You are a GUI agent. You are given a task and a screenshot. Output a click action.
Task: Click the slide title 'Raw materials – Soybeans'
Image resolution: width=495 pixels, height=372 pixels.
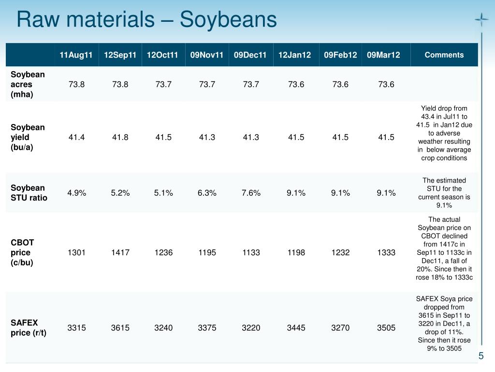coord(146,20)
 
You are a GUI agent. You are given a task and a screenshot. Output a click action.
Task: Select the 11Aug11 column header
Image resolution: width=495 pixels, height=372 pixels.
coord(76,55)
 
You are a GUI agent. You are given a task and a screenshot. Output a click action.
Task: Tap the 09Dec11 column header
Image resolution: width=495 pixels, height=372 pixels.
coord(250,55)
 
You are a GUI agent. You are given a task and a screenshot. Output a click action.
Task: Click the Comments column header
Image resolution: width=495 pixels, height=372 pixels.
coord(444,55)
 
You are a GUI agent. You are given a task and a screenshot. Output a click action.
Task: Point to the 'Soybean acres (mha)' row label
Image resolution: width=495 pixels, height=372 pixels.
coord(28,84)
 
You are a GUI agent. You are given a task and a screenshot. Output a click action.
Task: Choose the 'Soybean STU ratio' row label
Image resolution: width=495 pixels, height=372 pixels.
coord(29,193)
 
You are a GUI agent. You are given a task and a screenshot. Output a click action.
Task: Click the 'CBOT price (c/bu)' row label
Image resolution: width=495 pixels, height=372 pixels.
coord(23,252)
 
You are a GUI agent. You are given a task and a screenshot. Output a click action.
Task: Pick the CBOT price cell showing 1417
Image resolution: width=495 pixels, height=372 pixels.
coord(120,252)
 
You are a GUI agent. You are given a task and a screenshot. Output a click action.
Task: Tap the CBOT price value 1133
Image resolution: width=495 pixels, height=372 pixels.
coord(251,252)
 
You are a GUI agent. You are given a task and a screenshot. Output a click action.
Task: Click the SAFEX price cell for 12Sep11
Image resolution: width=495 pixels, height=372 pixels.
coord(120,327)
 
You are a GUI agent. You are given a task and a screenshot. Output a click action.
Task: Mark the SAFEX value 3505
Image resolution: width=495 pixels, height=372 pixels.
coord(386,327)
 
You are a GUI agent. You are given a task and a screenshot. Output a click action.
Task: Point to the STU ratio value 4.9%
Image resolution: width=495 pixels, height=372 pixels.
coord(77,193)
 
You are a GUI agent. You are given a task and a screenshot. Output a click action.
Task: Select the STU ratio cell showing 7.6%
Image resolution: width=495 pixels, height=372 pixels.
coord(251,193)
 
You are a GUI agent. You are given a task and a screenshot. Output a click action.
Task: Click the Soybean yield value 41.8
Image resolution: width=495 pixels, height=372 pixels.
coord(120,137)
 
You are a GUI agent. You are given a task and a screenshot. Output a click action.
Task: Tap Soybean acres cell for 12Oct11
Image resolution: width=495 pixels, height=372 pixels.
coord(163,84)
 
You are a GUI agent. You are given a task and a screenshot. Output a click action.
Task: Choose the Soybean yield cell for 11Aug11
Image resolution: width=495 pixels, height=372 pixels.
coord(77,137)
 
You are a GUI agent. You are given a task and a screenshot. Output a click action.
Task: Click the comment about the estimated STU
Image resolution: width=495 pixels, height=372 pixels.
coord(444,193)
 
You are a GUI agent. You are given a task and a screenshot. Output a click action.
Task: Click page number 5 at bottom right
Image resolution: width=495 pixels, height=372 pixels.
coord(481,356)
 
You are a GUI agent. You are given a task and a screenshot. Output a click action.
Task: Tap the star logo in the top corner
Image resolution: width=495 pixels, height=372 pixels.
coord(481,20)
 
